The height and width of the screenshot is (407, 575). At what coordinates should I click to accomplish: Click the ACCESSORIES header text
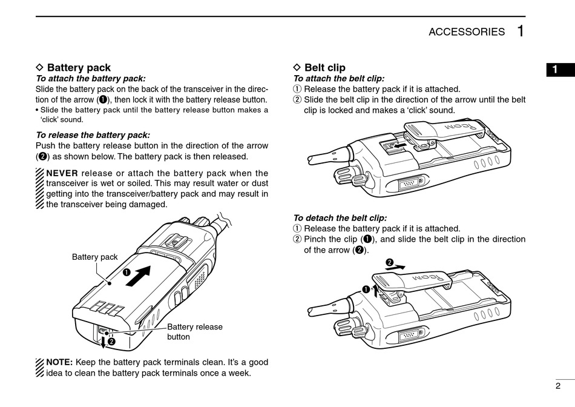466,32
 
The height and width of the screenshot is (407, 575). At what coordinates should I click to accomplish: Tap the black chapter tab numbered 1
554,70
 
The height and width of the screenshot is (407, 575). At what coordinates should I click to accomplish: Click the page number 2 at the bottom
557,386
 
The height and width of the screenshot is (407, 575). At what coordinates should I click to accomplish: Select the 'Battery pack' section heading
79,68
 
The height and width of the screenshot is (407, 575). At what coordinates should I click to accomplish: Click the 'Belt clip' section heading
324,68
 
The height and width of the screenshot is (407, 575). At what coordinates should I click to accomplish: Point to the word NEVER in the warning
62,173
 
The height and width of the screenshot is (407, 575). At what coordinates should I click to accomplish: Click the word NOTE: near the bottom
59,362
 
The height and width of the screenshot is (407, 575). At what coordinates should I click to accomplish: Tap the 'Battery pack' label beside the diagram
95,257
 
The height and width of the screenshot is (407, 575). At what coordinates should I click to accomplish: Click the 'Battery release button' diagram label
194,331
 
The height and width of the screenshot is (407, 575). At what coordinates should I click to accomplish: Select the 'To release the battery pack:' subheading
93,135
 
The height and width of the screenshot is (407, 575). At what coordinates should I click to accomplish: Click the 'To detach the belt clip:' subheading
340,218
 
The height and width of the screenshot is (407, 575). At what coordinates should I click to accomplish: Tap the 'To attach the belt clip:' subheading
338,78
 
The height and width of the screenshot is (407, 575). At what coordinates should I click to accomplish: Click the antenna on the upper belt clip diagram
323,158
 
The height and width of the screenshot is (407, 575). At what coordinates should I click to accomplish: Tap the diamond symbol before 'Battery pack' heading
41,68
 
